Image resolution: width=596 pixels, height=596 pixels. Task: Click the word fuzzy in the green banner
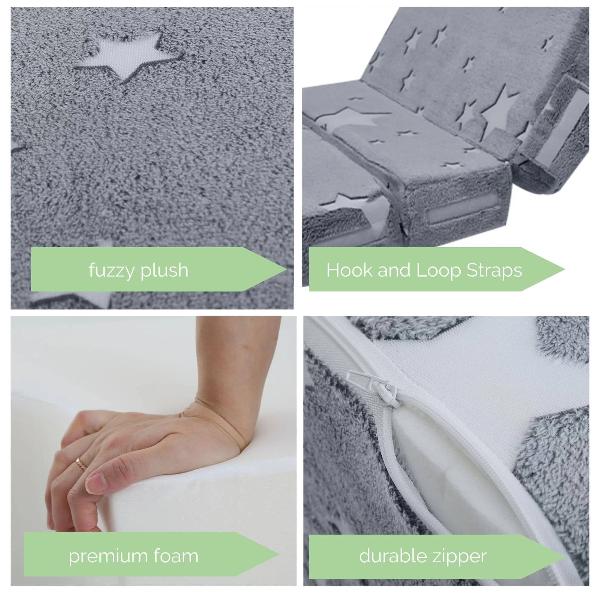tap(112, 271)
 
